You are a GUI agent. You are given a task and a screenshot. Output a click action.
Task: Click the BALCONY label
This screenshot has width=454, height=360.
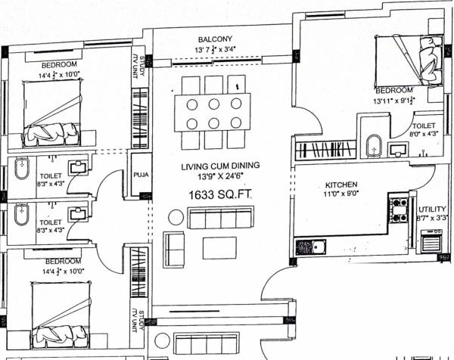215,39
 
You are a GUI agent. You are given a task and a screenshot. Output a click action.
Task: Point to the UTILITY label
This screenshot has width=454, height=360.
432,209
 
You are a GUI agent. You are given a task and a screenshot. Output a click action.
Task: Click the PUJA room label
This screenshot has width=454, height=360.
139,172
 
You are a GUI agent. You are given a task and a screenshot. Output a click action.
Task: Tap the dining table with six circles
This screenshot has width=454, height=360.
213,113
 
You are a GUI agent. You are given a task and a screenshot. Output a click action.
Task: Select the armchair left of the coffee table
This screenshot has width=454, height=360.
173,250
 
